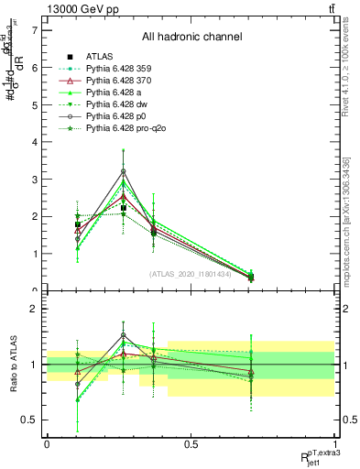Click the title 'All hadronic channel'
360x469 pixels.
(x=191, y=38)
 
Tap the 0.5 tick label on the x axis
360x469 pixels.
(x=191, y=444)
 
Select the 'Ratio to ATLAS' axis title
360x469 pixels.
(x=12, y=365)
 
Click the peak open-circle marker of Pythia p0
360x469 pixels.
(x=123, y=171)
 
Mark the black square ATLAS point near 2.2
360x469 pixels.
(x=123, y=208)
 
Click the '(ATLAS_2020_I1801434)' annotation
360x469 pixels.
(x=191, y=274)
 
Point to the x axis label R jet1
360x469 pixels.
(x=311, y=454)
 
